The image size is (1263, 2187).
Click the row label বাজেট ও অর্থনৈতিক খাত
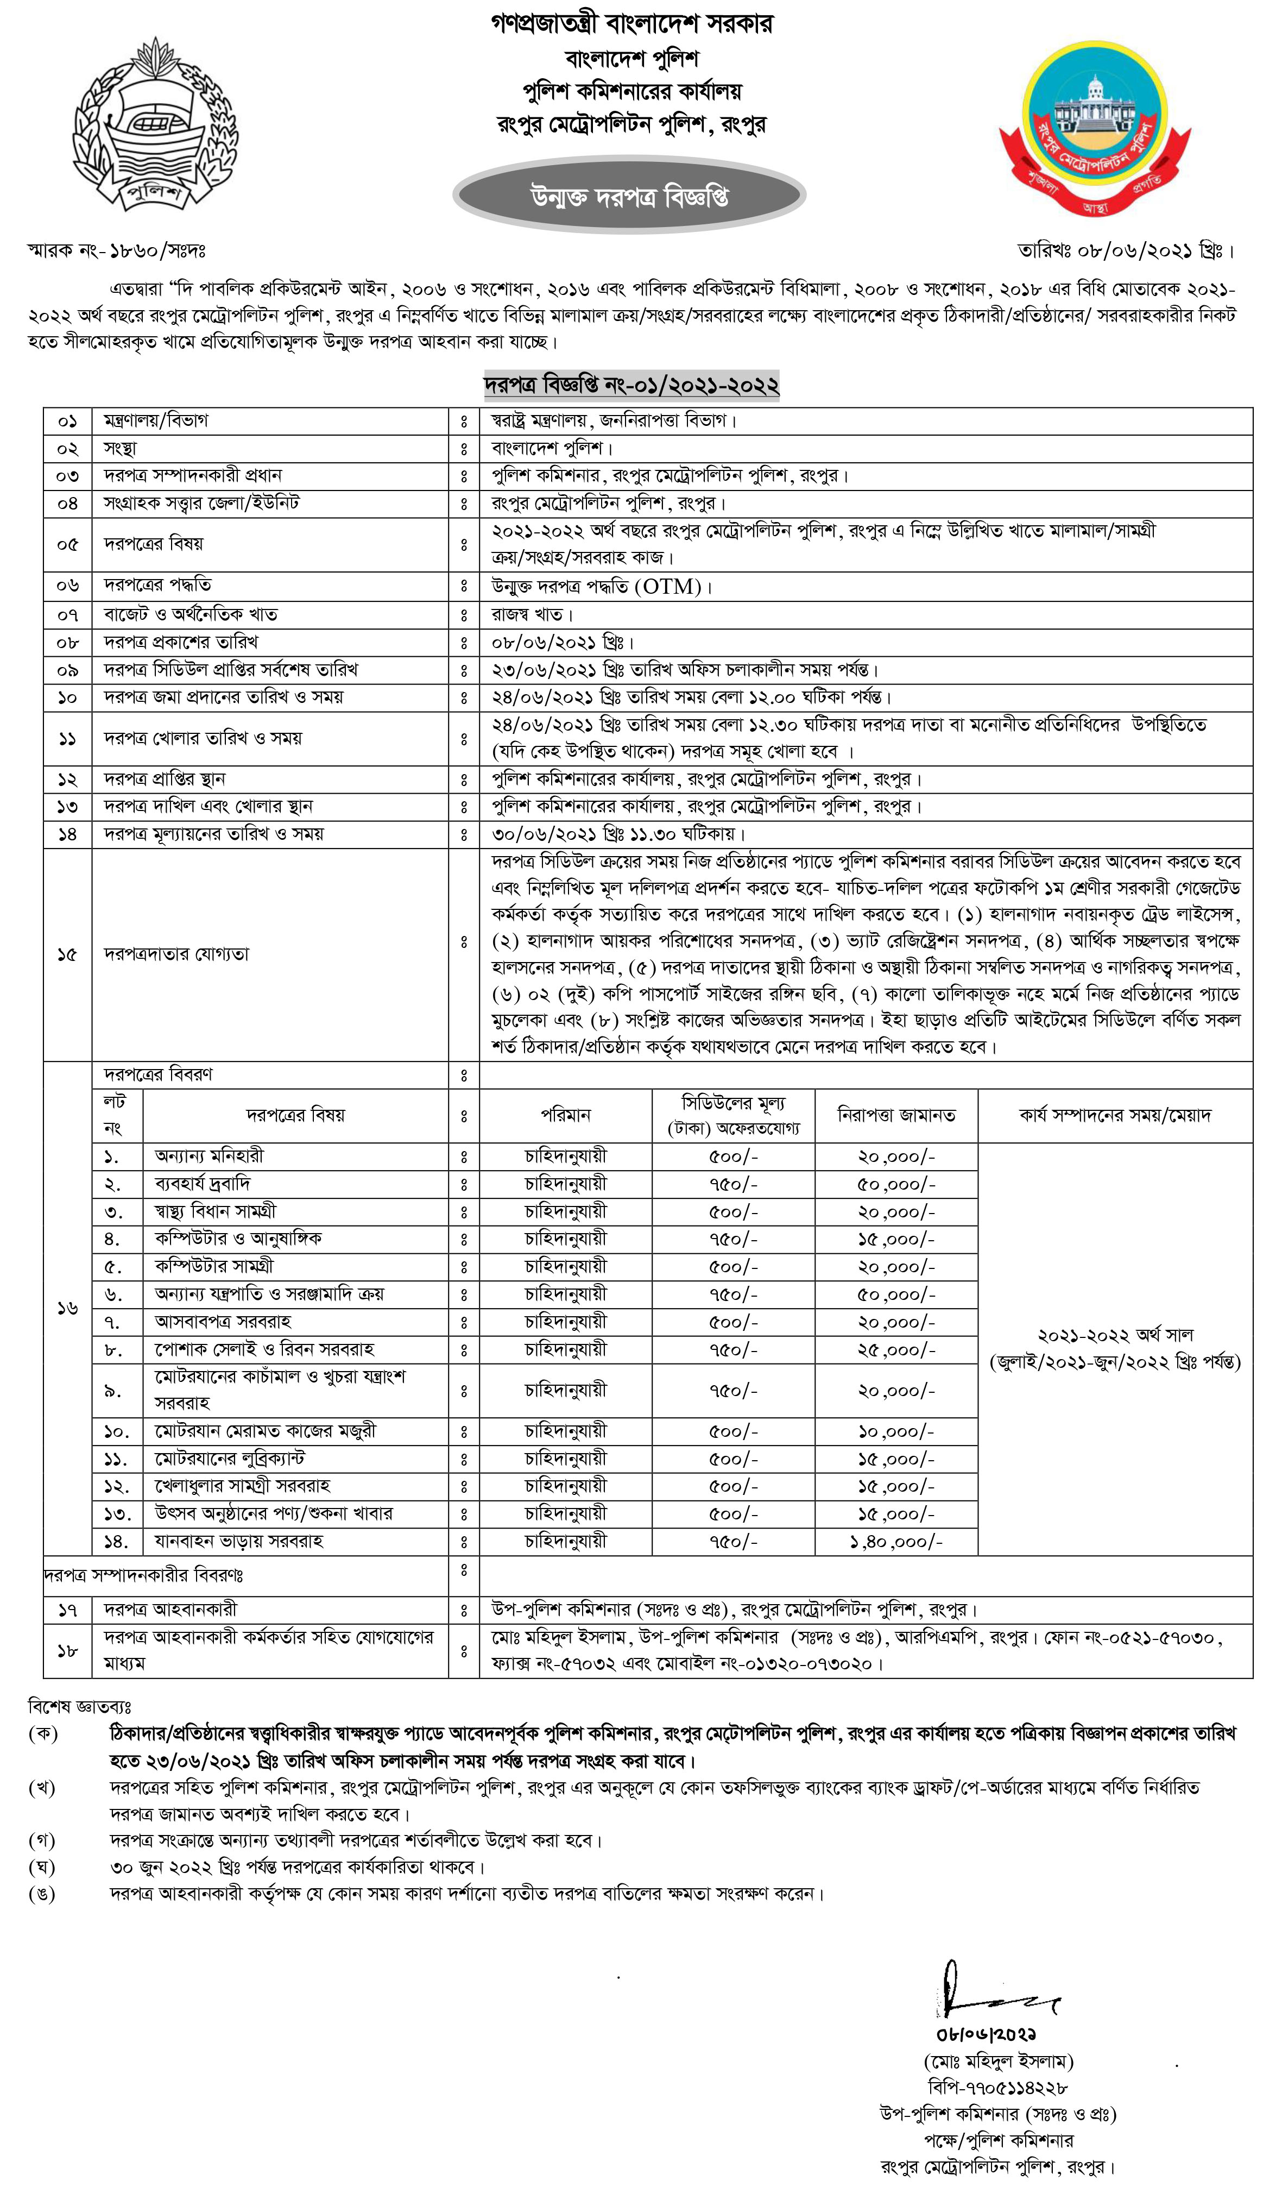191,614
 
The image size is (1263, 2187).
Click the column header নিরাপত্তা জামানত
896,1115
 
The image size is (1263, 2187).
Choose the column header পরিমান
566,1115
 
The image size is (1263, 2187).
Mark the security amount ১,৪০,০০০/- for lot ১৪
896,1542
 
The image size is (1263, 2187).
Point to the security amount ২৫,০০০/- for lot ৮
896,1350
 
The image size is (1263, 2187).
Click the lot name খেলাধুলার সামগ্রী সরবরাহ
242,1486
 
